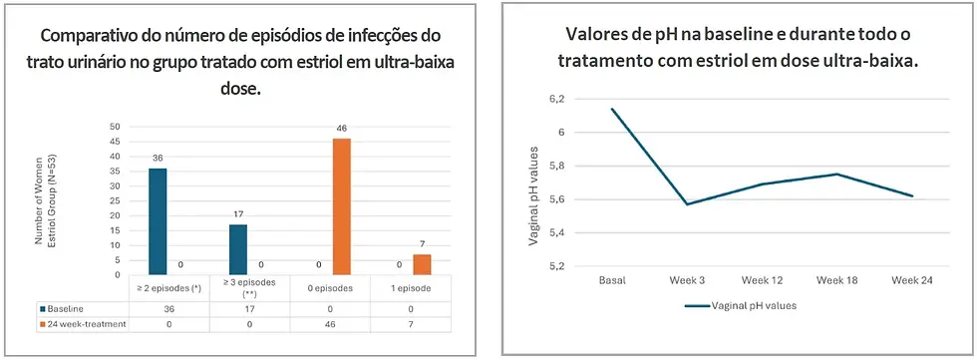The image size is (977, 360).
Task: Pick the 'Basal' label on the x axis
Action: (x=612, y=281)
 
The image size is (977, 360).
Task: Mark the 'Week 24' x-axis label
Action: (x=912, y=281)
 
